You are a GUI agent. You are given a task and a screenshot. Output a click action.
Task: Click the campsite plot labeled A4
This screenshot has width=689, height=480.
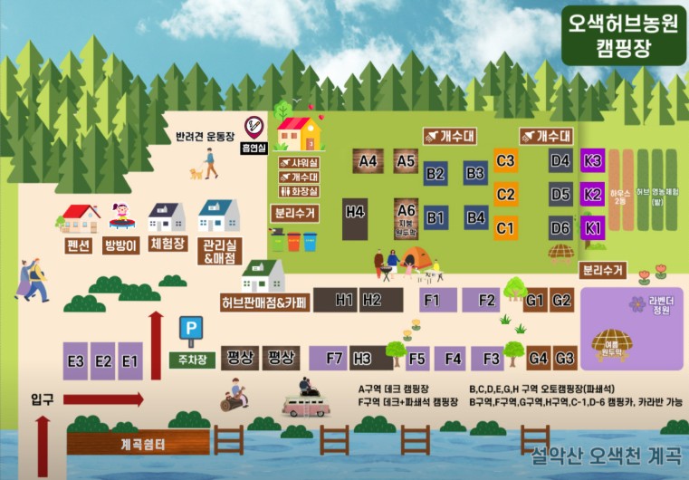tap(368, 161)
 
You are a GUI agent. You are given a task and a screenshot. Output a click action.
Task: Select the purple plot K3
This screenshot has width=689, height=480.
tap(593, 161)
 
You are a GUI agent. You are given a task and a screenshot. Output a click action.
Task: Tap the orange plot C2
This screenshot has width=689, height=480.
tap(505, 194)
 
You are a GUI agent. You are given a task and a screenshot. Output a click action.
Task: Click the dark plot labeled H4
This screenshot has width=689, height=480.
tap(355, 212)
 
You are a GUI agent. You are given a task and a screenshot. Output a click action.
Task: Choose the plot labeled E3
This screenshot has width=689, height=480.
tap(75, 361)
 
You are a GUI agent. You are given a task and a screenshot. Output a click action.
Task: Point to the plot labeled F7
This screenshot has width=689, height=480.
tap(334, 359)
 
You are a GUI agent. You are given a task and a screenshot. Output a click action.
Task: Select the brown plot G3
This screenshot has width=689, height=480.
tap(566, 359)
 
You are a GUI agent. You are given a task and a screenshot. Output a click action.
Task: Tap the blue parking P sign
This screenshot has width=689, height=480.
tap(189, 328)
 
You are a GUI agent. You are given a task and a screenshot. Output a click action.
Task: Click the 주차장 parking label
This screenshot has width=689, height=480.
tap(191, 359)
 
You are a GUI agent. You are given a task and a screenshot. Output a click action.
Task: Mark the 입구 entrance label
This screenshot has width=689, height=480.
tap(42, 399)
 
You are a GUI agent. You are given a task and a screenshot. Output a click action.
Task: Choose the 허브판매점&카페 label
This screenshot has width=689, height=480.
tap(263, 301)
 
